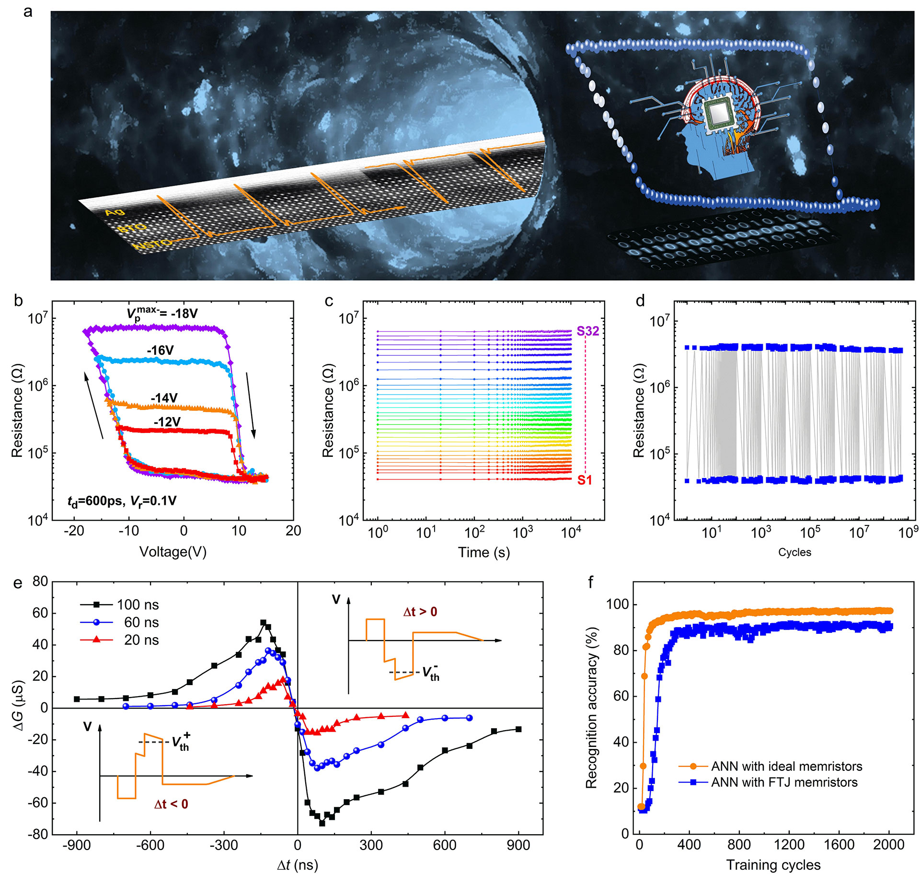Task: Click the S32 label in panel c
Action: [587, 331]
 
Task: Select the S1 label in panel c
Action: [585, 480]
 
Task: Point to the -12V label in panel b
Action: [167, 422]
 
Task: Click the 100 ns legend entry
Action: [138, 605]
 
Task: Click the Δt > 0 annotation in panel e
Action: [420, 612]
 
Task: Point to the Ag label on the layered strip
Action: [114, 211]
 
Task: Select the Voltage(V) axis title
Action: [172, 552]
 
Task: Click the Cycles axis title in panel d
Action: [794, 552]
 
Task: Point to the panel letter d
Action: [640, 301]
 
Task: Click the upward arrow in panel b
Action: [94, 405]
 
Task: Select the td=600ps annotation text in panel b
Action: [122, 501]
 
